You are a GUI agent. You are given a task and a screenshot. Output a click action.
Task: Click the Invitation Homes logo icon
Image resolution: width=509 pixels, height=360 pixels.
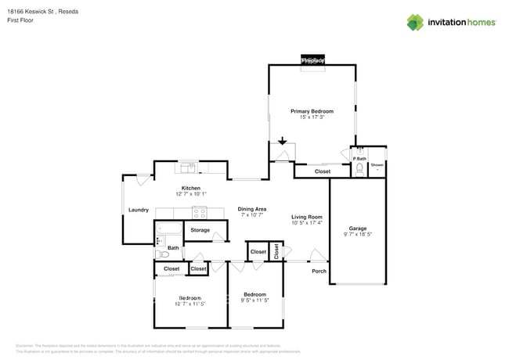[x=415, y=22]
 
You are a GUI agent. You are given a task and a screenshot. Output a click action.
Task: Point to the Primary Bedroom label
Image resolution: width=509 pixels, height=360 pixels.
[x=312, y=111]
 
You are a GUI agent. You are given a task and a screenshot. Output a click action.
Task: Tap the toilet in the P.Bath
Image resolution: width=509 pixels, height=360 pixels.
[x=359, y=167]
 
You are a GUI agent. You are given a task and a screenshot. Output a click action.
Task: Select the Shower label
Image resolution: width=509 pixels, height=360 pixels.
[x=377, y=164]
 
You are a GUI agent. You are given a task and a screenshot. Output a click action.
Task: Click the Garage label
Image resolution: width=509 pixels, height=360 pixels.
[x=357, y=229]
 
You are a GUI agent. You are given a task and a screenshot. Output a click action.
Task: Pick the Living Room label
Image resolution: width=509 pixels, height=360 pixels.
[x=308, y=217]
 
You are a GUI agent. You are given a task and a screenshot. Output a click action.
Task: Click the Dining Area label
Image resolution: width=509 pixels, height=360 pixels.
[x=252, y=209]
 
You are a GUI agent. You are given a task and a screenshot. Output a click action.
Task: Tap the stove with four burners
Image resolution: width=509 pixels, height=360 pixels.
[x=199, y=211]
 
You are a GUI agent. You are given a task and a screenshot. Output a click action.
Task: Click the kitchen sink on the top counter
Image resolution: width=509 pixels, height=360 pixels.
[x=189, y=167]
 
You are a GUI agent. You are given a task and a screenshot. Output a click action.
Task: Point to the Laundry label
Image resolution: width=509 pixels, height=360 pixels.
[x=139, y=210]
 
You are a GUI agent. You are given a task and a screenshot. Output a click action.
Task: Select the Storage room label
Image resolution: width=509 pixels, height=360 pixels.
[x=200, y=230]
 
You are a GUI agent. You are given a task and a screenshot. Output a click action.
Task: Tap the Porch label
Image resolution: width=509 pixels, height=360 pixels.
[x=319, y=272]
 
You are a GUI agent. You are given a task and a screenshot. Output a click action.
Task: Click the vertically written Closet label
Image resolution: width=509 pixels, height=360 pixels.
[x=276, y=251]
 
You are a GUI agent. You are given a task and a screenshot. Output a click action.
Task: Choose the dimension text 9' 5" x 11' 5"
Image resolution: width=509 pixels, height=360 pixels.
[x=254, y=301]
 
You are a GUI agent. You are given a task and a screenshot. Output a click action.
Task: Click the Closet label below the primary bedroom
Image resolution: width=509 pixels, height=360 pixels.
[x=322, y=171]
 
